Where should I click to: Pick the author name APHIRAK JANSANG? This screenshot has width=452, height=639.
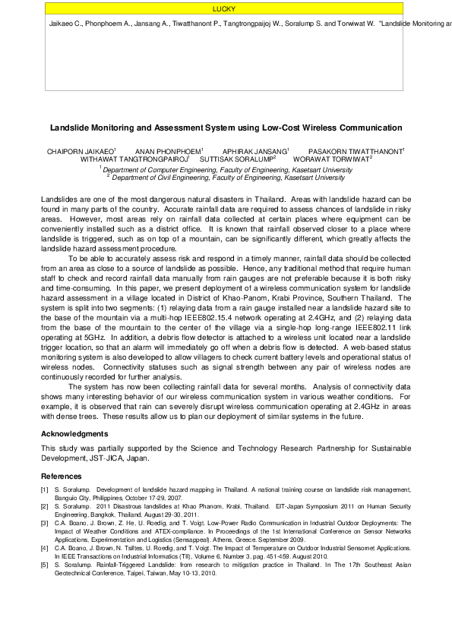[x=255, y=152]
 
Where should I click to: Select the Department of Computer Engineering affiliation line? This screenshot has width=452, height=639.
[x=226, y=170]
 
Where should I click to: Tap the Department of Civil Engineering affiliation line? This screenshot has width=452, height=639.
[x=226, y=177]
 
